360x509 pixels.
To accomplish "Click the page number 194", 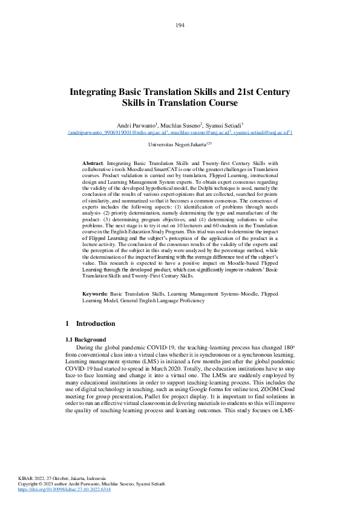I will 180,25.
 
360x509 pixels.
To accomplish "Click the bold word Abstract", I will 93,163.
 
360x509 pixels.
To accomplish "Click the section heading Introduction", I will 96,324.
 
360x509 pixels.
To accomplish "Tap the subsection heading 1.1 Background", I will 86,339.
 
